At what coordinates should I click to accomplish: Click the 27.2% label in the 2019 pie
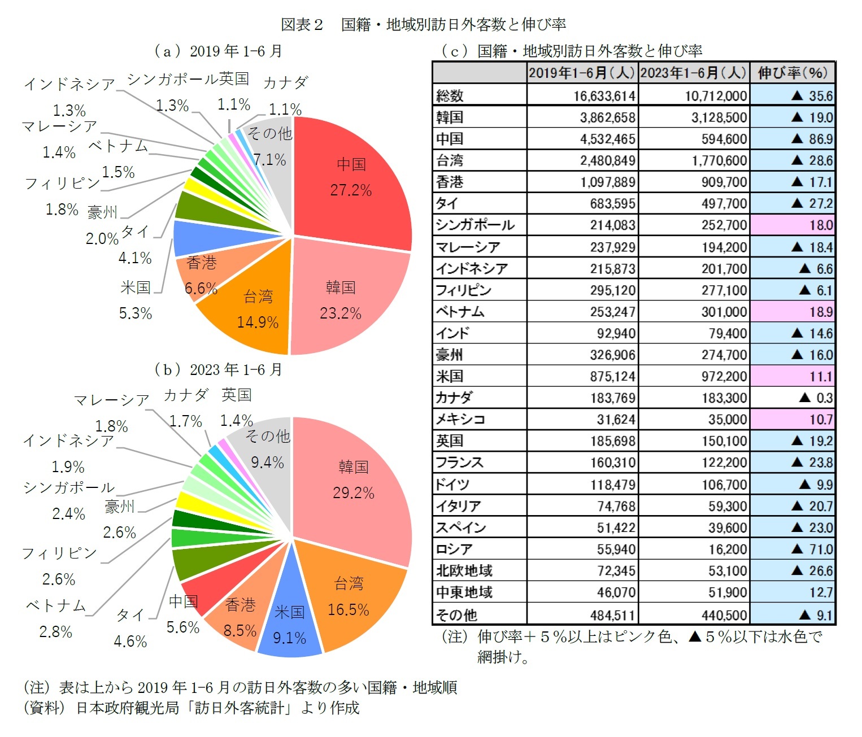click(x=351, y=190)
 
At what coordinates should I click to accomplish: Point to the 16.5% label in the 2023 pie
click(x=349, y=610)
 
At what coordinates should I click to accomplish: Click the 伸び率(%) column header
click(x=793, y=73)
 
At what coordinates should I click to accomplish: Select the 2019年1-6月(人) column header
click(x=582, y=73)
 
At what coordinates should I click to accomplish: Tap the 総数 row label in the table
click(x=450, y=95)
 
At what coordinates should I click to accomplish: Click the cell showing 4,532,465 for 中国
click(x=607, y=139)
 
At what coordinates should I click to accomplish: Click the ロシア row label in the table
click(x=454, y=549)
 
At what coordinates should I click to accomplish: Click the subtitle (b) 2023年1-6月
click(x=218, y=369)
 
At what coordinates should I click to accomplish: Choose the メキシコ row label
click(x=460, y=420)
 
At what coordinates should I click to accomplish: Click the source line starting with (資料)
click(x=191, y=708)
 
